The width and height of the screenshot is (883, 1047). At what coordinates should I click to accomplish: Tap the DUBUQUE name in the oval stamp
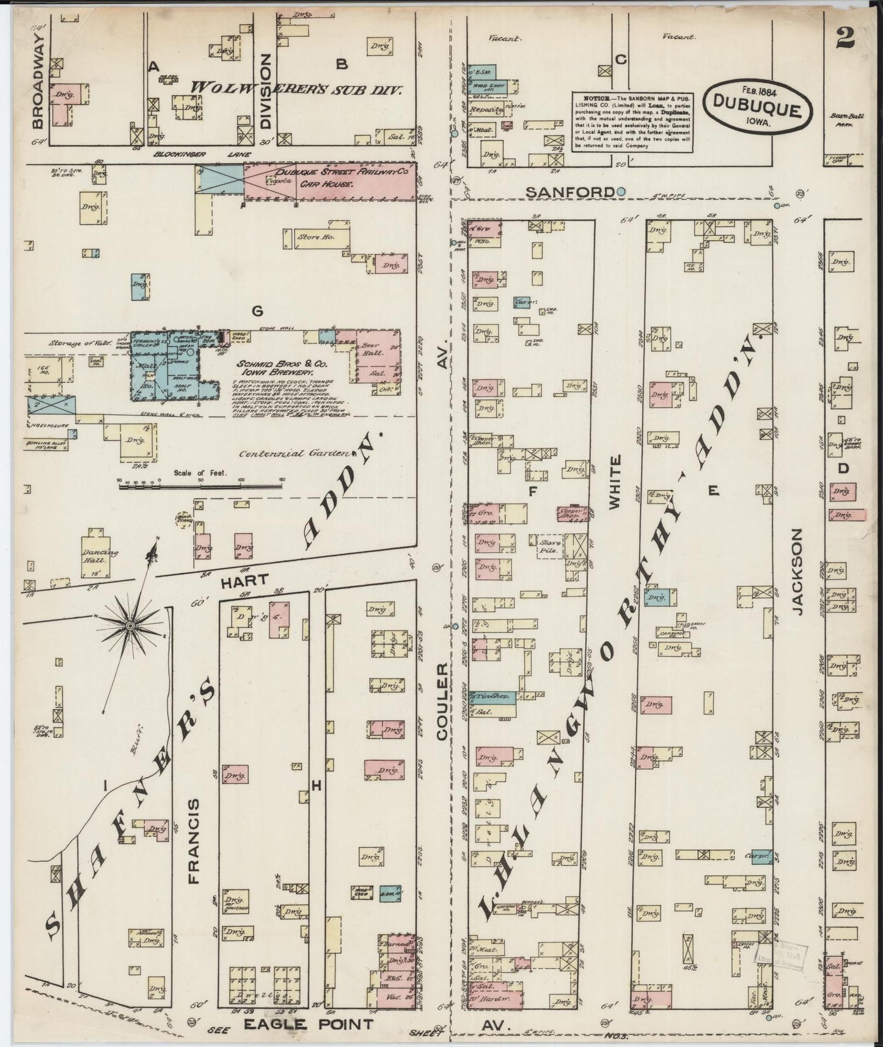760,109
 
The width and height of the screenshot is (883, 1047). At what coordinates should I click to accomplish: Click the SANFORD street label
570,192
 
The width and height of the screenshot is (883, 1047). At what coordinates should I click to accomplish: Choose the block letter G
257,311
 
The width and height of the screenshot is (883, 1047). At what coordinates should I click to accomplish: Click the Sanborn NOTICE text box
633,122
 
